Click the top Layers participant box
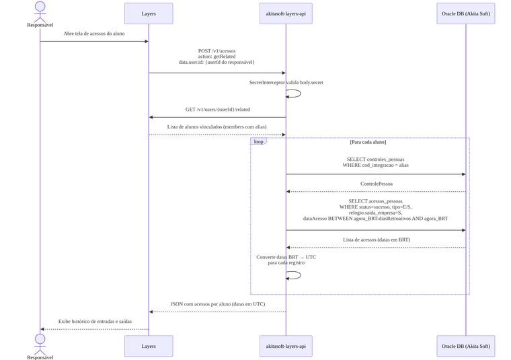(149, 13)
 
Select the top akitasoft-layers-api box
(286, 13)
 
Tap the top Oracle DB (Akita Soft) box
(466, 13)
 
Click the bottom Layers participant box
(149, 346)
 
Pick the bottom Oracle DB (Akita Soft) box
(466, 346)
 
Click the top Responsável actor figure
(40, 11)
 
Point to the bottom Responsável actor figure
(40, 345)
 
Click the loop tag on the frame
(258, 141)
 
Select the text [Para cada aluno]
(368, 142)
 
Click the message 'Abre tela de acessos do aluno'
(94, 34)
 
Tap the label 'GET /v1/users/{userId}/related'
(218, 110)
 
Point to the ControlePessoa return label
(377, 184)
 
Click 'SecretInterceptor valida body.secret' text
(286, 83)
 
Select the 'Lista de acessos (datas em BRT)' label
(377, 240)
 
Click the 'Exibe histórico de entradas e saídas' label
(95, 322)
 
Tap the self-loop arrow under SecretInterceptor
(301, 94)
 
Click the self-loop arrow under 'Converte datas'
(301, 275)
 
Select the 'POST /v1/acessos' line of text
(217, 51)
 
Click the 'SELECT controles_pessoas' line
(375, 159)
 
